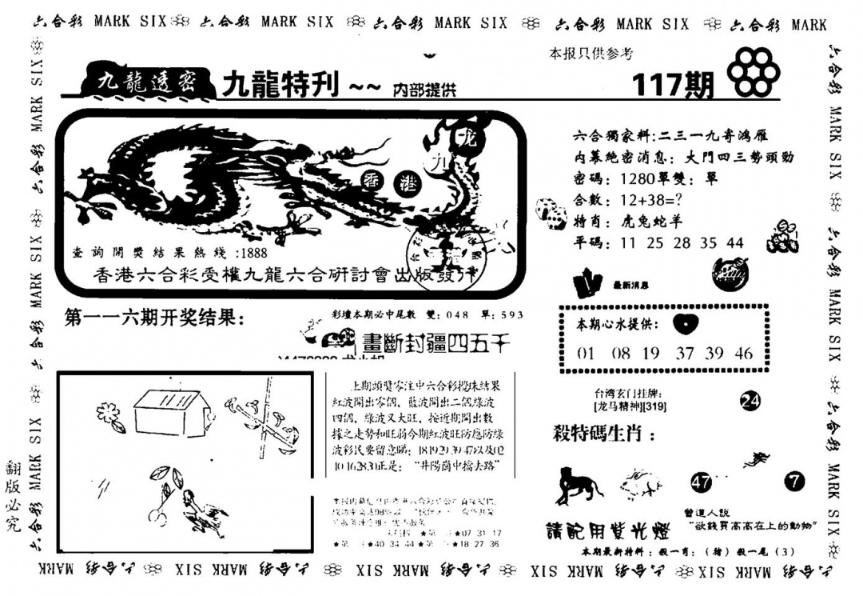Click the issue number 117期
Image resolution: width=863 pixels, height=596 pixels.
pyautogui.click(x=673, y=84)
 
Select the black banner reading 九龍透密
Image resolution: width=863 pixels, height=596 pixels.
pyautogui.click(x=142, y=82)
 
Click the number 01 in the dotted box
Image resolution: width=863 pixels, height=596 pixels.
pyautogui.click(x=586, y=353)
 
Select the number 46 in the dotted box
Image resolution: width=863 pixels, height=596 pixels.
pyautogui.click(x=743, y=353)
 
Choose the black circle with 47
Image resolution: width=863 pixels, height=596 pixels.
pyautogui.click(x=701, y=482)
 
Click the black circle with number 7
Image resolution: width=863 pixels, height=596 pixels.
pyautogui.click(x=794, y=482)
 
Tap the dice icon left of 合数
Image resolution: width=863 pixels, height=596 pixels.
pyautogui.click(x=547, y=210)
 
